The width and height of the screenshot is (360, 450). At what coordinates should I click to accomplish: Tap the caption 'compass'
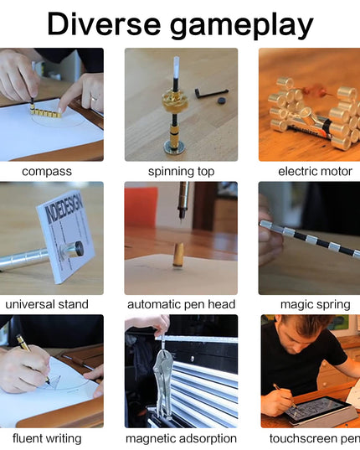[x=47, y=171]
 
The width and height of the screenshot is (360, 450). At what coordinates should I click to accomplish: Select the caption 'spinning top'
[x=181, y=171]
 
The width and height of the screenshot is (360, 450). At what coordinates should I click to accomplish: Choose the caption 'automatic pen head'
[x=181, y=304]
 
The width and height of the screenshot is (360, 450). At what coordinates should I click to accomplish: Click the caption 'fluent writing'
[x=47, y=437]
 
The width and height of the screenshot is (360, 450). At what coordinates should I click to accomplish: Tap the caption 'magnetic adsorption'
[x=181, y=437]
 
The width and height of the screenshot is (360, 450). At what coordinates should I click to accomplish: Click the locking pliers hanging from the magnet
[x=164, y=381]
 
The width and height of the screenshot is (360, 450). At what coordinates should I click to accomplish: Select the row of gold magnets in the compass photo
[x=45, y=110]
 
